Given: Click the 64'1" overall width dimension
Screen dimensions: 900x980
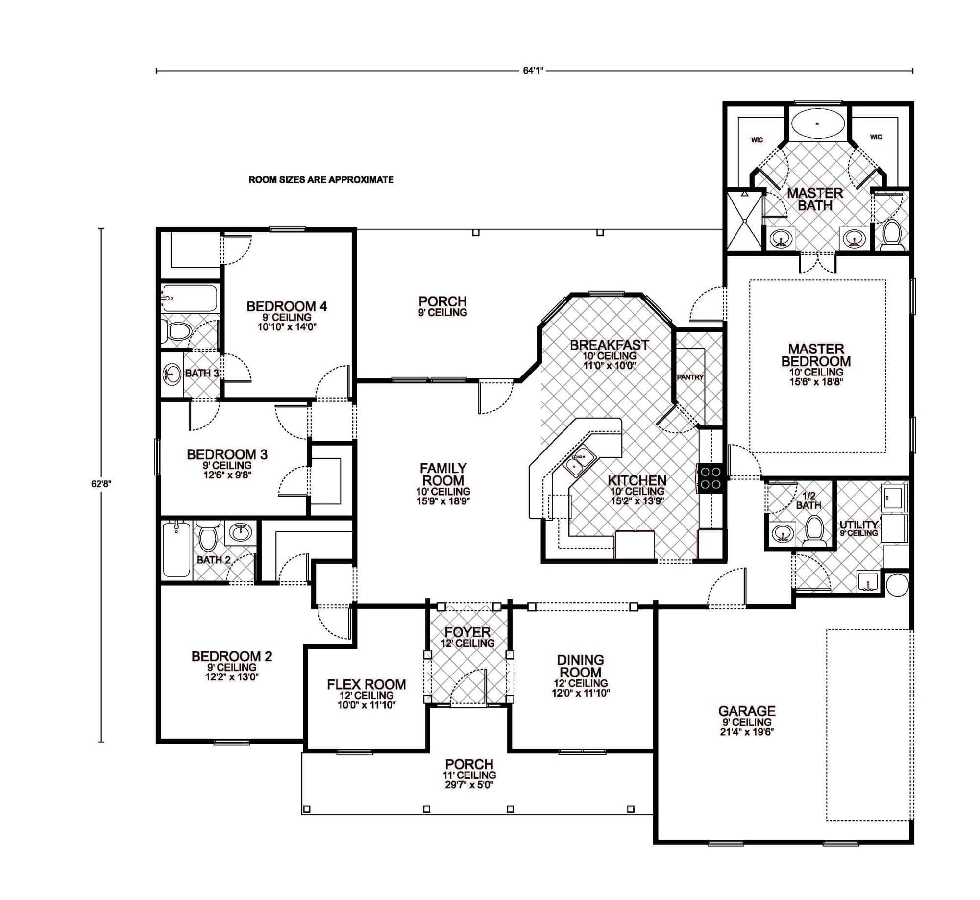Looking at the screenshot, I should pyautogui.click(x=534, y=71).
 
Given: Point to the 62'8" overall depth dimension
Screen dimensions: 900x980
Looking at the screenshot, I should pyautogui.click(x=101, y=483).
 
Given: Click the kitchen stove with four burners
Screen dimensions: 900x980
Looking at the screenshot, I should pyautogui.click(x=710, y=478).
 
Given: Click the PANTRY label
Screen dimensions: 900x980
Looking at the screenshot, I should pyautogui.click(x=690, y=377).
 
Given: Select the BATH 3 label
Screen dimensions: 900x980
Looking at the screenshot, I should pyautogui.click(x=201, y=373).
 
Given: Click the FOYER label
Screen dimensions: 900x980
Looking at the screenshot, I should pyautogui.click(x=467, y=632).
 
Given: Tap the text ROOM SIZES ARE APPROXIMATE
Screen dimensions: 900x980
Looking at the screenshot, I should pyautogui.click(x=321, y=180).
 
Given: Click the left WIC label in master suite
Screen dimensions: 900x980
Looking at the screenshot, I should pyautogui.click(x=757, y=140).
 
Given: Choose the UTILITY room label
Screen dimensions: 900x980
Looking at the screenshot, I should pyautogui.click(x=858, y=525).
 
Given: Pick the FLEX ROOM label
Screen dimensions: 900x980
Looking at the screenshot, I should pyautogui.click(x=366, y=684).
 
